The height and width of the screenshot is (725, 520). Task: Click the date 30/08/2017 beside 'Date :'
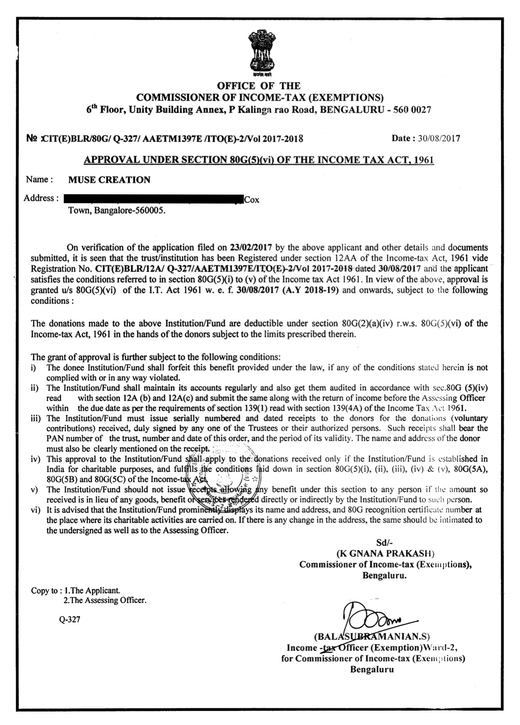(x=439, y=138)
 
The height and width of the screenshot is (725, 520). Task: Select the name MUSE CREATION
(x=109, y=180)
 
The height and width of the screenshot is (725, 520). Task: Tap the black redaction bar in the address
(x=153, y=198)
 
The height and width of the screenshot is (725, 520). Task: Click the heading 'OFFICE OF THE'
(x=259, y=85)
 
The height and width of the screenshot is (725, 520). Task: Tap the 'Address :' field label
(x=41, y=198)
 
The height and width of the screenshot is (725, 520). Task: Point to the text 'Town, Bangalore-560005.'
(x=113, y=211)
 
